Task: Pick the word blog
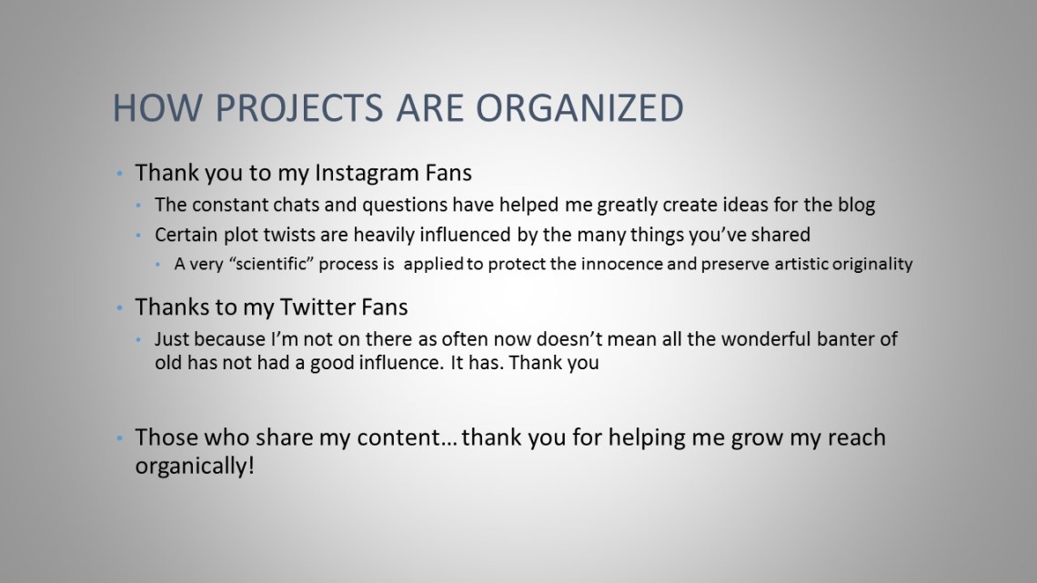[857, 206]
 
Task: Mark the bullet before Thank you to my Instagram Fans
[118, 173]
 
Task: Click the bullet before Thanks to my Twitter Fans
[118, 307]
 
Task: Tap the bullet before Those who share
[118, 438]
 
